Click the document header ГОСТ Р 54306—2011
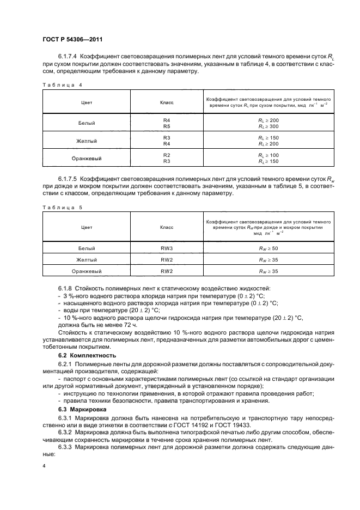(x=72, y=39)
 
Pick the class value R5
(x=167, y=126)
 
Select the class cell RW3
(x=167, y=248)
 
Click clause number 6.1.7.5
(x=68, y=179)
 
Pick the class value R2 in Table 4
(x=167, y=155)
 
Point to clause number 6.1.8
(x=65, y=287)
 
